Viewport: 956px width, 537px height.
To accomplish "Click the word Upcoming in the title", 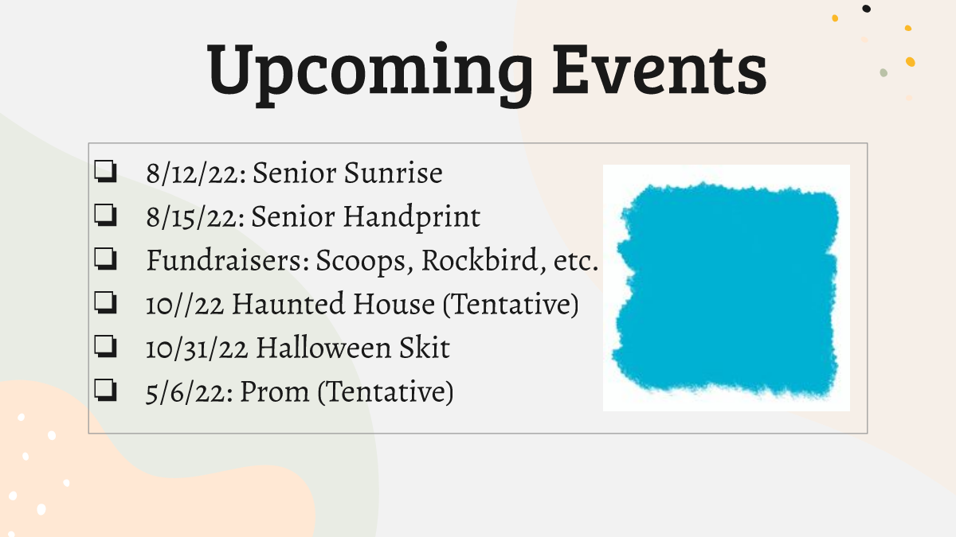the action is [370, 72].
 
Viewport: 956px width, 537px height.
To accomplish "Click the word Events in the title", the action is [660, 69].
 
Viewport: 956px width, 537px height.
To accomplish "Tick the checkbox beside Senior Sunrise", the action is [105, 171].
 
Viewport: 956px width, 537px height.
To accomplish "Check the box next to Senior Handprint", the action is [105, 215].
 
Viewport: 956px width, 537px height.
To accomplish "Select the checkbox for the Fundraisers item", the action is [105, 259].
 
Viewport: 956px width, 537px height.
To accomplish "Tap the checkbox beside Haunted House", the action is [105, 302].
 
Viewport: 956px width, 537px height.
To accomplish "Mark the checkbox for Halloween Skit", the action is [105, 346].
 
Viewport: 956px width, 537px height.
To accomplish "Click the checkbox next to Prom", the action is [105, 390].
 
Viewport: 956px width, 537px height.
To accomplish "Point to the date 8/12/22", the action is [196, 173].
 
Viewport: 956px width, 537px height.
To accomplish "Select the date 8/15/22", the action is [196, 217].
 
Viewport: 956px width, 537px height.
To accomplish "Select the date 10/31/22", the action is [197, 348].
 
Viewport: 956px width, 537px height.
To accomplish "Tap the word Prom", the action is [275, 391].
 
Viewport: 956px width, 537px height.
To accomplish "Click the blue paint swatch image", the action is [726, 288].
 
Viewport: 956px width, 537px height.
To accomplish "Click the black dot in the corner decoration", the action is [867, 9].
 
